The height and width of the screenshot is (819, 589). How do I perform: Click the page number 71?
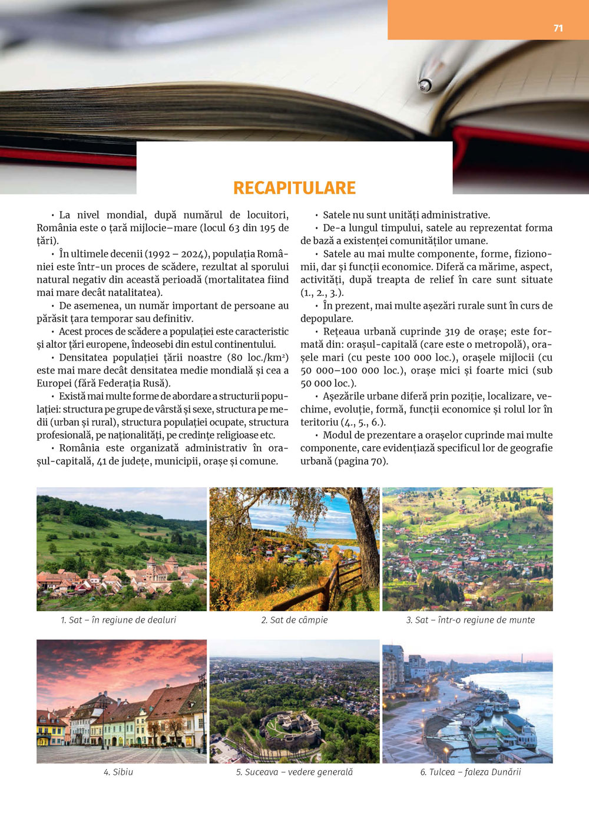tap(558, 28)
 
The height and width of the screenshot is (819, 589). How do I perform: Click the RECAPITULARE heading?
tap(294, 188)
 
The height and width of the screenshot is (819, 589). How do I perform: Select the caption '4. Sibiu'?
tap(118, 772)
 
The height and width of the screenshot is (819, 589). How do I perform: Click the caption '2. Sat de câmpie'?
tap(294, 620)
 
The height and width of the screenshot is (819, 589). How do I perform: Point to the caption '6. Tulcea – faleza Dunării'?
tap(470, 772)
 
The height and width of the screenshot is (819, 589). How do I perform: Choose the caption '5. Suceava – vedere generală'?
tap(294, 772)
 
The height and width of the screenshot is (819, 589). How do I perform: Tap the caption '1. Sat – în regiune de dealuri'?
tap(118, 620)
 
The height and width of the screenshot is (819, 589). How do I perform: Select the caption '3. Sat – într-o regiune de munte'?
tap(470, 620)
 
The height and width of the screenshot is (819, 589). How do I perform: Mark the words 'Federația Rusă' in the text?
tap(135, 384)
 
